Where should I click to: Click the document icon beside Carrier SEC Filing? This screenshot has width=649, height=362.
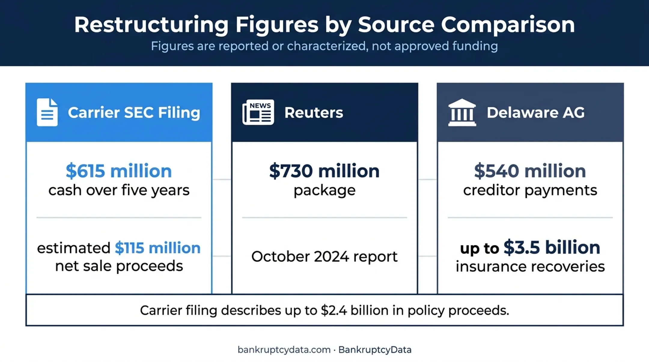click(47, 112)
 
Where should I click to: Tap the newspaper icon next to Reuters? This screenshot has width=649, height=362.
click(258, 112)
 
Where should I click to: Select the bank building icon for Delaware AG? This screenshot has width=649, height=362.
click(462, 112)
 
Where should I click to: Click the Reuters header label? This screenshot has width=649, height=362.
click(314, 113)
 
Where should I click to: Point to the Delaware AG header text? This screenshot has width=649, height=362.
click(536, 113)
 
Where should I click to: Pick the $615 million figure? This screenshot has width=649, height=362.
click(119, 171)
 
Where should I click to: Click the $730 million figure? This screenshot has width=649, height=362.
click(324, 171)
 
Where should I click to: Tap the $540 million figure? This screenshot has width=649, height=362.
click(530, 171)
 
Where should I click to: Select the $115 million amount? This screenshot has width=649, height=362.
click(157, 248)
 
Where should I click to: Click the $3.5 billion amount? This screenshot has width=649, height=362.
click(552, 247)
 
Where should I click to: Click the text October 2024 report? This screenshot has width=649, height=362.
click(324, 257)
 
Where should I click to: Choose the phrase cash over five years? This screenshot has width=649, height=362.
click(119, 190)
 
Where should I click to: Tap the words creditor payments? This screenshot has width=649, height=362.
click(530, 190)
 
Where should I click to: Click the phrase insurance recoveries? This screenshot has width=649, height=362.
click(530, 267)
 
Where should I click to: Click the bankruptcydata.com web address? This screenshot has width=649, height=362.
click(284, 350)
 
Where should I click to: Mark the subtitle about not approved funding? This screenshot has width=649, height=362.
click(324, 46)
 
